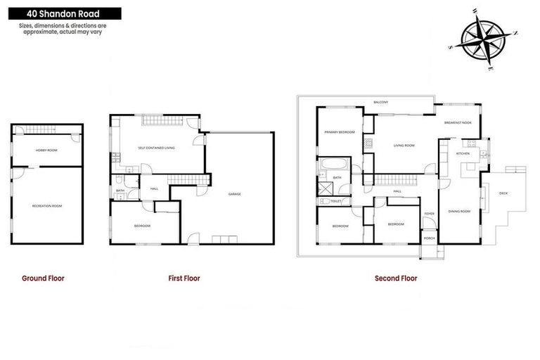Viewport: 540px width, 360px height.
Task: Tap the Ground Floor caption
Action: [43, 278]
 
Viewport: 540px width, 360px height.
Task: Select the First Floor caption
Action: [184, 278]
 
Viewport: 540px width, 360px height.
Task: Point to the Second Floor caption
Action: [396, 278]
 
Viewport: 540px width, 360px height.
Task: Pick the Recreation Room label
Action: [47, 206]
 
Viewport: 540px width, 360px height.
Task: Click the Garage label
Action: [235, 194]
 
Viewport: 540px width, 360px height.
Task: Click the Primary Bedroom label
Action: [339, 132]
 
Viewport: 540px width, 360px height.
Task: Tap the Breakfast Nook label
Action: [458, 123]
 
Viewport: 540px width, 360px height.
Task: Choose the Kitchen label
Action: [463, 153]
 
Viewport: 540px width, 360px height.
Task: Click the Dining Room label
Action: [459, 211]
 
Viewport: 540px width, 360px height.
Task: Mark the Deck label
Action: [503, 193]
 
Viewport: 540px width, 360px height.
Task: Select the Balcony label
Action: [382, 103]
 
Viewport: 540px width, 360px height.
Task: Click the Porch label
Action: [429, 238]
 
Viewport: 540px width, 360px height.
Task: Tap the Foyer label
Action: [429, 214]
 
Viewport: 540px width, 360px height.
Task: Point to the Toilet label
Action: [335, 201]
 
